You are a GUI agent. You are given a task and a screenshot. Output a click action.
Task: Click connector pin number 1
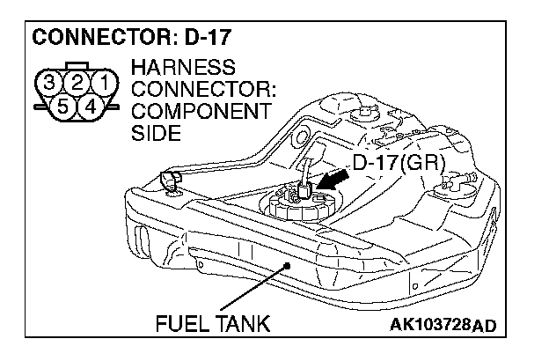(102, 85)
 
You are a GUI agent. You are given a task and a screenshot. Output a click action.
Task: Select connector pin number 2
(77, 85)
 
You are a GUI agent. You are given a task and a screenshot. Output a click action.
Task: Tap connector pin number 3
(53, 85)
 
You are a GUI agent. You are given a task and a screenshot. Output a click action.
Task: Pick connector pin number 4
(89, 107)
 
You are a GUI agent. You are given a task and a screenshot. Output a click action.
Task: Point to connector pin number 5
(64, 107)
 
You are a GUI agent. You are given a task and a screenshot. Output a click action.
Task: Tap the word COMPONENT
(199, 112)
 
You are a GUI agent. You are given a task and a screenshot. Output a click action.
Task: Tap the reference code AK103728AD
(440, 327)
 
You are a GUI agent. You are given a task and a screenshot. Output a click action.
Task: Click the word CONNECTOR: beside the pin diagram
(202, 90)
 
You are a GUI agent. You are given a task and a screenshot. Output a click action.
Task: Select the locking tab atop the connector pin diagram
(77, 66)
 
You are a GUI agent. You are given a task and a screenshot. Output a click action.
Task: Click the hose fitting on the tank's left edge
(170, 182)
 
